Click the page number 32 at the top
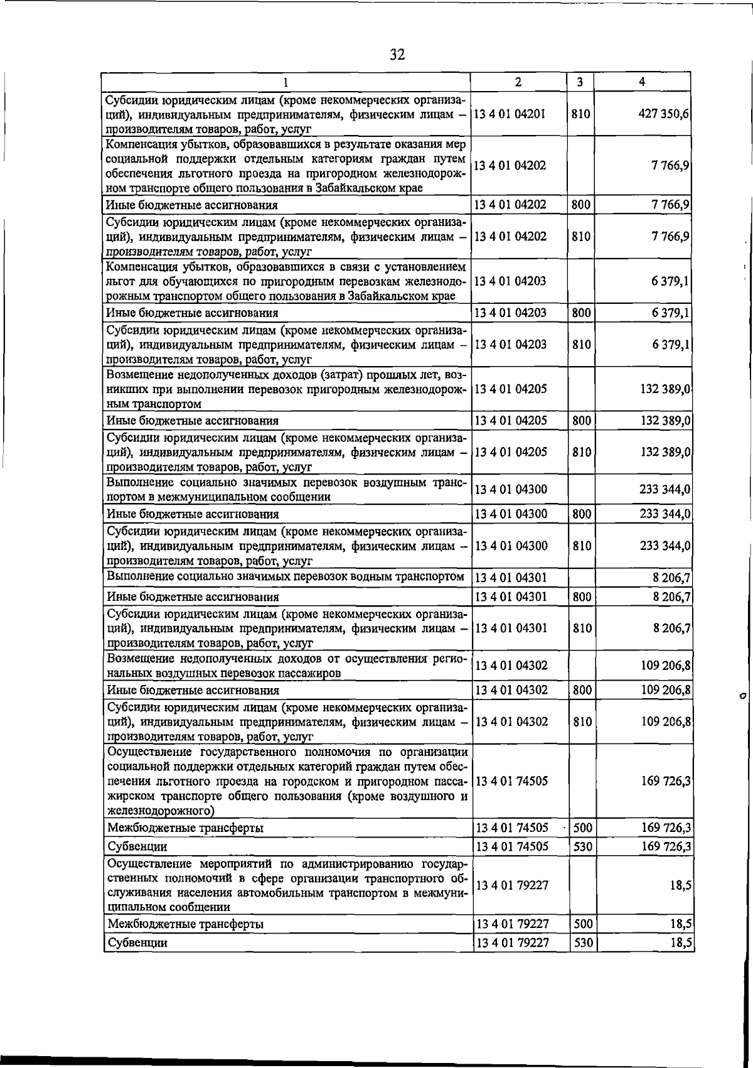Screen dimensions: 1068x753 coord(397,55)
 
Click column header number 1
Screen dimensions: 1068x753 coord(286,82)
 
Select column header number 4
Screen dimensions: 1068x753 coord(641,82)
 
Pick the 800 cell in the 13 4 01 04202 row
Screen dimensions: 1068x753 coord(581,205)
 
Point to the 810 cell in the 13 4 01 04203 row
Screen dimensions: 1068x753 coord(581,344)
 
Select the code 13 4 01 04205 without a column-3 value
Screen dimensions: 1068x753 coord(511,389)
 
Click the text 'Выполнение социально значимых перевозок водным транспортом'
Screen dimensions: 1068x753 coord(286,576)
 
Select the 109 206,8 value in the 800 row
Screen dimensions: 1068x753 coord(665,691)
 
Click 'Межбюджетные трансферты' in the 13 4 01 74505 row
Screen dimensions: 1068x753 coord(186,828)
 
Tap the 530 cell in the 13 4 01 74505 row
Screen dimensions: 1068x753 coord(583,846)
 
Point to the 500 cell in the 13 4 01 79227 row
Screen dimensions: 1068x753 coord(583,924)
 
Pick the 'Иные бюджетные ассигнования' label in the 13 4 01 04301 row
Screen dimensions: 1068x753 coord(193,596)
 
